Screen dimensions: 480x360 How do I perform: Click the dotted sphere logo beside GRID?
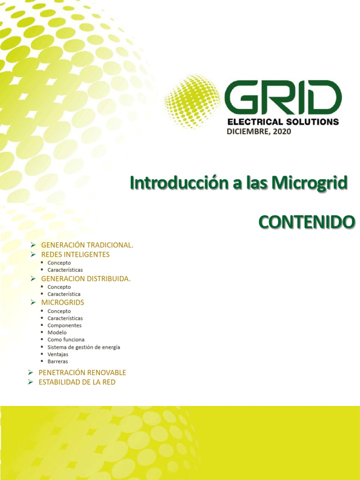[192, 102]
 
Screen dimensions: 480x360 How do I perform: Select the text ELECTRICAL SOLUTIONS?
[283, 122]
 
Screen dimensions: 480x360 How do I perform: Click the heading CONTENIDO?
[307, 222]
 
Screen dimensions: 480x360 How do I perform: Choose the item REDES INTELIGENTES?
[75, 255]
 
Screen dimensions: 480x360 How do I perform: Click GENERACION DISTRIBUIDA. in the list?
[86, 278]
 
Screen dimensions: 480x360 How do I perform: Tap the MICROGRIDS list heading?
[62, 302]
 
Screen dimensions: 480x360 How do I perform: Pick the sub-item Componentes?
[64, 325]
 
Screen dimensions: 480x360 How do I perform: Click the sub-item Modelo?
[57, 332]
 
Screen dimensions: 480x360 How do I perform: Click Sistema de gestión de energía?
[83, 347]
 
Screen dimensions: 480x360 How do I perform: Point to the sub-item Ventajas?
[58, 354]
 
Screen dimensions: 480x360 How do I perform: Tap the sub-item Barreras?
[58, 361]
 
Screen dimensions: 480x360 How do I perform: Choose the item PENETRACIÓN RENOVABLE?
[82, 373]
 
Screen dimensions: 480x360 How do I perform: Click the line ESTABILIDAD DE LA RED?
[76, 382]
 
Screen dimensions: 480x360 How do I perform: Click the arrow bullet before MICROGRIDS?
[33, 302]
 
